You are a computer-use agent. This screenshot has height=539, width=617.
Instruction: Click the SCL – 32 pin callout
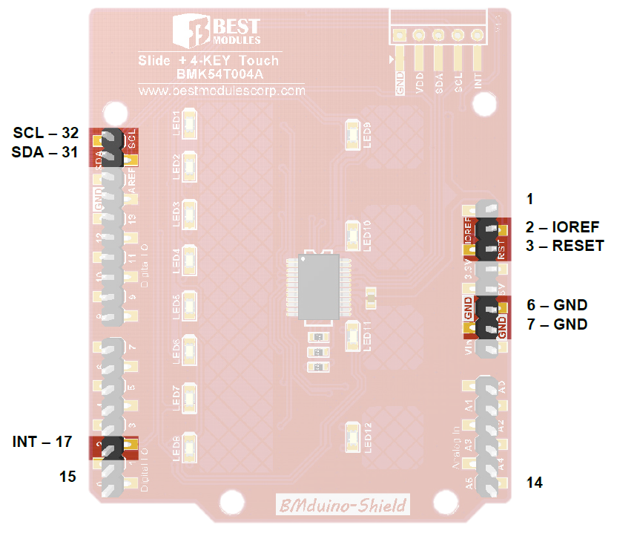[x=45, y=134]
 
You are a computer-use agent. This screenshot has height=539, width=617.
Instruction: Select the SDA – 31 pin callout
[x=45, y=152]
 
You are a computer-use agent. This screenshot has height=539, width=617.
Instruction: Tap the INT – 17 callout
[x=42, y=442]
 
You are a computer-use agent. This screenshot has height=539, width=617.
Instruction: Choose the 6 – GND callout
[x=557, y=305]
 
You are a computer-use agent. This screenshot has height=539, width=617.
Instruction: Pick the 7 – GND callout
[x=557, y=324]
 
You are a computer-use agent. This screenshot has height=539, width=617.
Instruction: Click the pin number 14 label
[x=535, y=483]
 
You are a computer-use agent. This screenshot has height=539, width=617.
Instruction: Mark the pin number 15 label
[x=68, y=477]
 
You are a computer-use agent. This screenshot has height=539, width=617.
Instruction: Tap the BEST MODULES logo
[x=216, y=30]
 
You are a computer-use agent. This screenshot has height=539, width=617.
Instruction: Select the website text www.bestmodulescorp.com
[x=222, y=91]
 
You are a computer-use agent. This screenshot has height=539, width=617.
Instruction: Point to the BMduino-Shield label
[x=342, y=506]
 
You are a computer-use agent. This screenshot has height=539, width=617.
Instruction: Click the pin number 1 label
[x=529, y=199]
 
